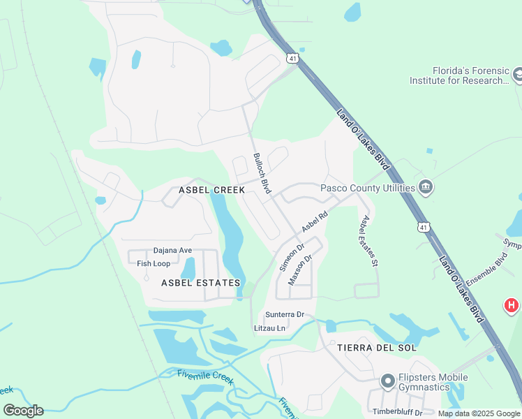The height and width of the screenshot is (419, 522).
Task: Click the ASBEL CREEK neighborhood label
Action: coord(211,189)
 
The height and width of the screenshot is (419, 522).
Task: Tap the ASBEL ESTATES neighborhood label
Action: coord(200,283)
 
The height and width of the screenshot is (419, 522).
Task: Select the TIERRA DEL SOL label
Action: coord(376,347)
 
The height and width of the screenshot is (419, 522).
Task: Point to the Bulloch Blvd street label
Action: coord(262,174)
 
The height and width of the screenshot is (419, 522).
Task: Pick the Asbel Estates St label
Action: coord(368,241)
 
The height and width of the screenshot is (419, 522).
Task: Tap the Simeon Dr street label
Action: coord(292,258)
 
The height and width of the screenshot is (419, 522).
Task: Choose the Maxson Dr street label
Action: coord(299,270)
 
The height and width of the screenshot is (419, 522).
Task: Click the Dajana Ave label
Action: coord(172,251)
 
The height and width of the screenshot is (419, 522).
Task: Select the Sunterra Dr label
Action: coord(284,315)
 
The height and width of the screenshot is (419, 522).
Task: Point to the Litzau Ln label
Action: coord(270,328)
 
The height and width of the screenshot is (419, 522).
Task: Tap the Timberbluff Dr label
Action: coord(397,412)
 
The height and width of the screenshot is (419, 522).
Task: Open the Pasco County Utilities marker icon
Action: coord(426,187)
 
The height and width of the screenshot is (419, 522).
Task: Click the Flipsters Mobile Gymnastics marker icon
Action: coord(388,381)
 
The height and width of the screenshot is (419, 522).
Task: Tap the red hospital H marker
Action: coord(512,305)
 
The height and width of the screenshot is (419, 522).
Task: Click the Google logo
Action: coord(23,411)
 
